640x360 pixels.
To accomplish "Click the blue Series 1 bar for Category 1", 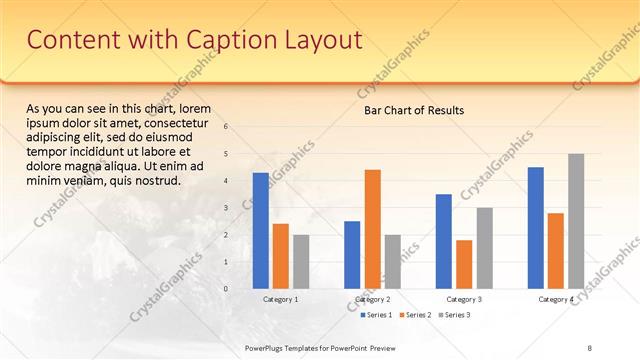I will pos(260,231).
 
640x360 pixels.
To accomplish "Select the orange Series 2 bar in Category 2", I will pos(372,229).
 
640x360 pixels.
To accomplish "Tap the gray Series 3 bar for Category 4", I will pos(576,221).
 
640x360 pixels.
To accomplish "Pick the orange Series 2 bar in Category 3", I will pos(464,264).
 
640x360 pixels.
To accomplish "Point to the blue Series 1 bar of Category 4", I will pos(536,228).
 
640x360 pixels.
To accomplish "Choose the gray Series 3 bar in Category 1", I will pos(300,262).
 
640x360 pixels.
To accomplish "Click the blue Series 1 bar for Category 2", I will pos(352,255).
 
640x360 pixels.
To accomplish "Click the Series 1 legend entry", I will pos(375,315).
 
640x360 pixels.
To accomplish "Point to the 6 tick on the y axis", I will pos(226,126).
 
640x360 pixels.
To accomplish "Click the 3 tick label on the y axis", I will pos(226,208).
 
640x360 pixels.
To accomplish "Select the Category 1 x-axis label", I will pos(280,299).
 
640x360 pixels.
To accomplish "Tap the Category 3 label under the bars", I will pos(464,299).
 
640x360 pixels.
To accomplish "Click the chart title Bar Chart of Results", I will pos(413,110).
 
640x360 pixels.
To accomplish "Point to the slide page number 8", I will pos(589,347).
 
